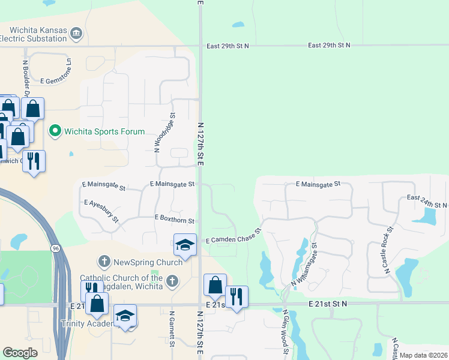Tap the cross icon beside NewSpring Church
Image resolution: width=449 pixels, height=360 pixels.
[104, 262]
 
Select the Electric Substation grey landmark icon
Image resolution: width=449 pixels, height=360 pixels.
[76, 32]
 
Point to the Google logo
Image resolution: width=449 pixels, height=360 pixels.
[20, 353]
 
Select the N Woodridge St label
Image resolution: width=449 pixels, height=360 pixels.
[157, 132]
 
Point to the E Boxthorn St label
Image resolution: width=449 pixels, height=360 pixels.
[174, 220]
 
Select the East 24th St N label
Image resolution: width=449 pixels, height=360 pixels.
[427, 201]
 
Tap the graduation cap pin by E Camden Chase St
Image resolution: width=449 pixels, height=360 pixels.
[185, 245]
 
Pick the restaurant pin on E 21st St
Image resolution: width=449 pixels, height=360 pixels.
[237, 297]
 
